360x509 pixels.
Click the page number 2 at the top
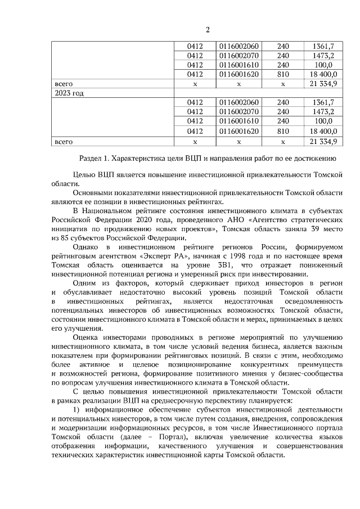click(207, 30)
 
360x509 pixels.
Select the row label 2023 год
click(68, 93)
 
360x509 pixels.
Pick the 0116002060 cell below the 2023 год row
click(239, 102)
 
